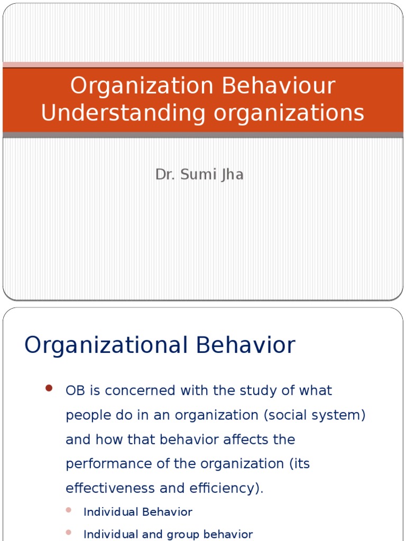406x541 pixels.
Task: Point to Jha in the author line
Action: [x=232, y=175]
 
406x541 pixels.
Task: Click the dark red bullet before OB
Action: [x=49, y=388]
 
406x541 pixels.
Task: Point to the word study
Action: [x=257, y=391]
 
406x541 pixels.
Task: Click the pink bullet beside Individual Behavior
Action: [x=68, y=510]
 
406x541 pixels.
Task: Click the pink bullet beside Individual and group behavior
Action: [x=68, y=533]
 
